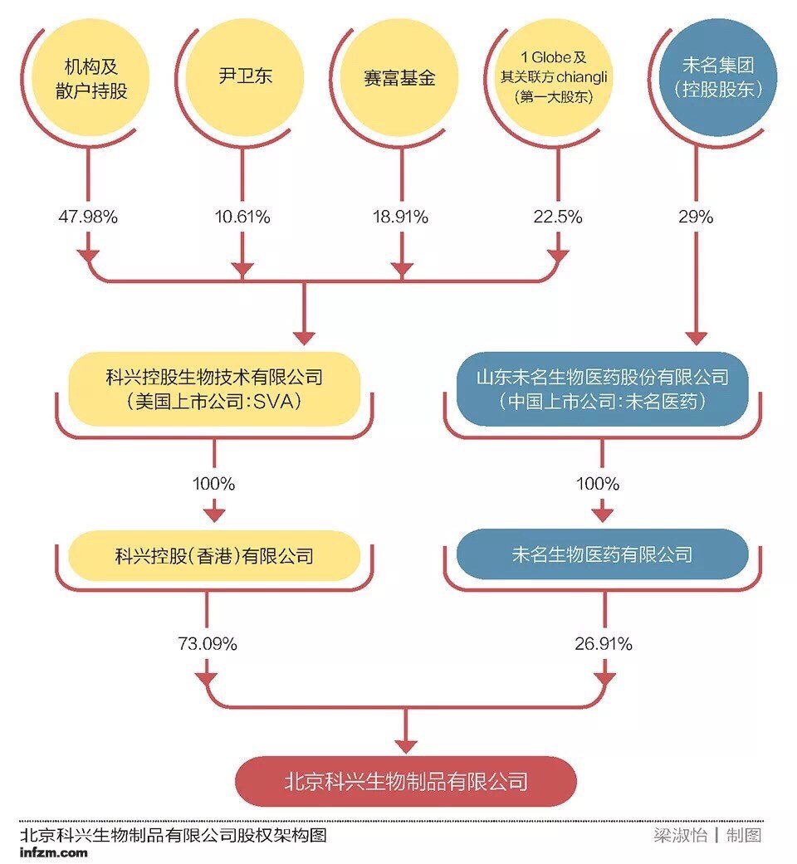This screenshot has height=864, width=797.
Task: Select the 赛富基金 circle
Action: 399,79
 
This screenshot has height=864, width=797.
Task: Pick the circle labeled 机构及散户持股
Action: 91,78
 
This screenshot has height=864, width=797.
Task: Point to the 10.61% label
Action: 242,217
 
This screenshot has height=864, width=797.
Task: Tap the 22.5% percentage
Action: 557,217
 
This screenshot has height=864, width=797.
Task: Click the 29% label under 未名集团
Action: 696,217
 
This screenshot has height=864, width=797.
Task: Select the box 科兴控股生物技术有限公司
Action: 214,389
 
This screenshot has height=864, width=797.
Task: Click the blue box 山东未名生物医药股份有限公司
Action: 603,389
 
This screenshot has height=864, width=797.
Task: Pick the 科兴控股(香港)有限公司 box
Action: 214,554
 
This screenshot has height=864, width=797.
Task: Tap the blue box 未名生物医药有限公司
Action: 603,554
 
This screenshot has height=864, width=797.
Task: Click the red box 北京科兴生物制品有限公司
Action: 406,781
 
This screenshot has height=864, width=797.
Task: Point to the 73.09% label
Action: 208,643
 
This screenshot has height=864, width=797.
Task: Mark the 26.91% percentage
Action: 604,643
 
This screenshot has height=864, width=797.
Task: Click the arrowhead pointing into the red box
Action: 406,741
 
